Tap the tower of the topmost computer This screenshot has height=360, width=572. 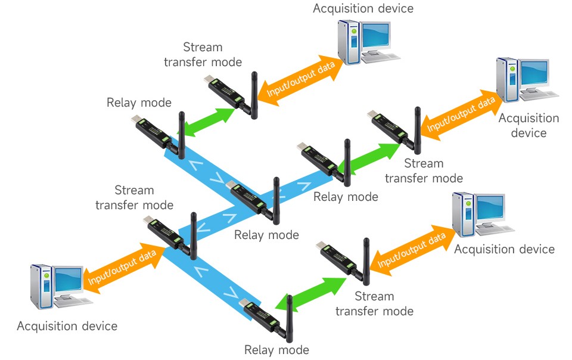[349, 42]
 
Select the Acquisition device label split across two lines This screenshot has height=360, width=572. [529, 125]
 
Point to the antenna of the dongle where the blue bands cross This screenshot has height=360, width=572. [276, 201]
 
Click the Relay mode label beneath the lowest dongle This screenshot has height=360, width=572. [276, 350]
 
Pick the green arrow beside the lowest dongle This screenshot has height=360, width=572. [311, 294]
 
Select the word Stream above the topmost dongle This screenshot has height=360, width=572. [203, 47]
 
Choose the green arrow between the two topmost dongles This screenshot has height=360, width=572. [209, 122]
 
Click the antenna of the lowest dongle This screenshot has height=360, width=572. [290, 319]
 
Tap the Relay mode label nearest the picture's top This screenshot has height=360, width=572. [139, 103]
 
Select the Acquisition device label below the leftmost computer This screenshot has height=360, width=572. [67, 325]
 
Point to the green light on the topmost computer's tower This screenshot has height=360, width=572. [353, 32]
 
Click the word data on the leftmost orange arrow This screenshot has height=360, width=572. [147, 257]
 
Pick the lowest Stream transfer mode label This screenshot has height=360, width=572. [374, 303]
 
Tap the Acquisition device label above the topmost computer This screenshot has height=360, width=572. [363, 8]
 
